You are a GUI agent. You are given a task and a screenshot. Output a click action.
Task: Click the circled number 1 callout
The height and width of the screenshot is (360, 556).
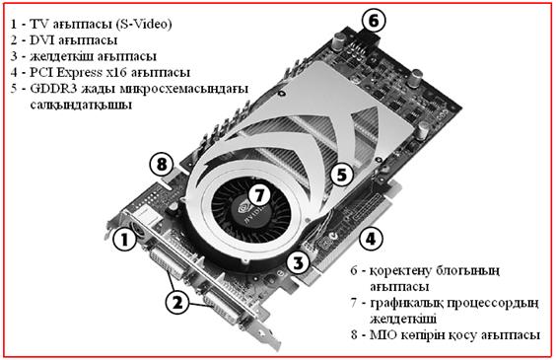click(x=124, y=240)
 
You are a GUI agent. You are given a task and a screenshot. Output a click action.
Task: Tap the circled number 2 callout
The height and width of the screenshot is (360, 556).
click(x=177, y=302)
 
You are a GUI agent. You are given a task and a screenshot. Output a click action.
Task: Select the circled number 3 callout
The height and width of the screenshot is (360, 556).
click(x=298, y=262)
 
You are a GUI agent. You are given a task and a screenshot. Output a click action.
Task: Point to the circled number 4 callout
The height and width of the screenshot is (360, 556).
click(x=371, y=239)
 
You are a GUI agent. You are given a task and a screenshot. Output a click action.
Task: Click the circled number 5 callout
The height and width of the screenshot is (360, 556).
click(x=341, y=175)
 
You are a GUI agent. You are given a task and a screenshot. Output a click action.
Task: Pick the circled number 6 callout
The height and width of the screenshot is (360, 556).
click(x=374, y=21)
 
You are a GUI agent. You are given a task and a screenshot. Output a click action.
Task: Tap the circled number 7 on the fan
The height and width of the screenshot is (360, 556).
click(x=259, y=195)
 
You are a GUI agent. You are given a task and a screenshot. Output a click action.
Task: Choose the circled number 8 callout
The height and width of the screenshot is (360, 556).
click(x=162, y=164)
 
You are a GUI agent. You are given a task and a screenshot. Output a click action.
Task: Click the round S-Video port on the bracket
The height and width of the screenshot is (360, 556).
click(x=136, y=230)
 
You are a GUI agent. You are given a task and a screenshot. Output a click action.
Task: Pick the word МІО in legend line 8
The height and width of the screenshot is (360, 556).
click(x=382, y=334)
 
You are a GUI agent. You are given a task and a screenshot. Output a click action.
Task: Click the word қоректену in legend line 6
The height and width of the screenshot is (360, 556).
click(x=399, y=271)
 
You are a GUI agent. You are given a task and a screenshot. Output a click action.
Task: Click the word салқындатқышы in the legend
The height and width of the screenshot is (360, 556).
click(x=81, y=106)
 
